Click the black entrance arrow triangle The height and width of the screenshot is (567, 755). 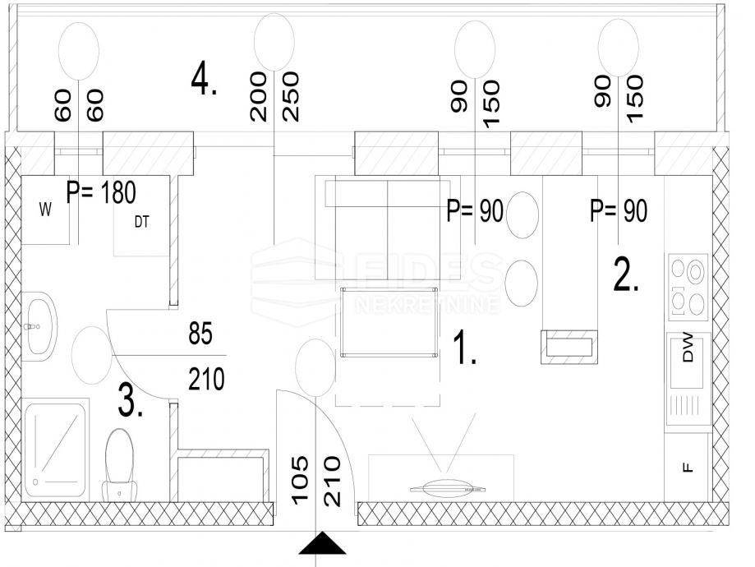(x=322, y=543)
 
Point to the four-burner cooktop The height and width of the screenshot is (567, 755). (x=688, y=288)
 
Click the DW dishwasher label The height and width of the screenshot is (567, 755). (x=688, y=348)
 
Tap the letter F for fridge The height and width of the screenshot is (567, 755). (x=688, y=467)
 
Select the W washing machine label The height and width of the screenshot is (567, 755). (x=46, y=210)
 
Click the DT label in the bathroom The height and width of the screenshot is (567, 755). (x=141, y=222)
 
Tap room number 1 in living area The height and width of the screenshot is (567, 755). (x=465, y=347)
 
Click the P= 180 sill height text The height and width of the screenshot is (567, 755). (x=101, y=192)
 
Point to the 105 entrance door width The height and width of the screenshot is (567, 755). (x=300, y=480)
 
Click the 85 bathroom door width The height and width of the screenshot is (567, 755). (x=200, y=334)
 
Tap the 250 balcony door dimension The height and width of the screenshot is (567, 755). (x=291, y=96)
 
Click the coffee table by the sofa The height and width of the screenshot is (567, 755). (x=389, y=322)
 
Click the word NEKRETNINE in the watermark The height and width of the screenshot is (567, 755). (x=426, y=305)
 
